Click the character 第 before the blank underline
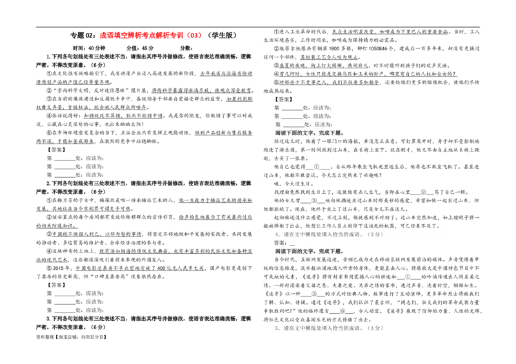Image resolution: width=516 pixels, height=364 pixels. pos(278,124)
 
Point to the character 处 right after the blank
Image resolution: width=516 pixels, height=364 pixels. pos(308,124)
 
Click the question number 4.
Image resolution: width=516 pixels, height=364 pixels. pos(276,235)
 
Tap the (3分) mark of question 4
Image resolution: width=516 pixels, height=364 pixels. pos(375,235)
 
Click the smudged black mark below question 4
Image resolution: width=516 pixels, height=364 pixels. pos(284,243)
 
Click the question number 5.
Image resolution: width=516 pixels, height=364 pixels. pos(276,328)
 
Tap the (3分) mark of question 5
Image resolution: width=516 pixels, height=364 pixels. pos(375,328)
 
